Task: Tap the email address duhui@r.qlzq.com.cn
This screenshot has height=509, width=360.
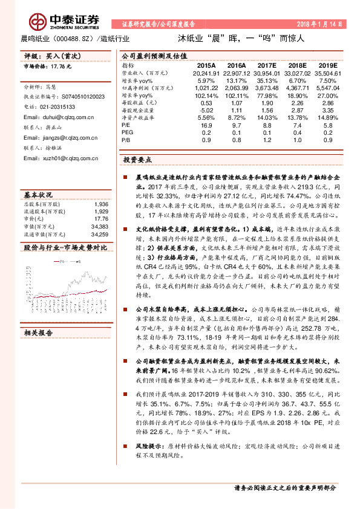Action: [x=61, y=116]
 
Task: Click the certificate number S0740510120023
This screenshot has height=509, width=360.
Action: [x=76, y=96]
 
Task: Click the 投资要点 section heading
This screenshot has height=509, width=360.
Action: [x=137, y=160]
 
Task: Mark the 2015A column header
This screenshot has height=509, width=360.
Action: [x=206, y=64]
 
